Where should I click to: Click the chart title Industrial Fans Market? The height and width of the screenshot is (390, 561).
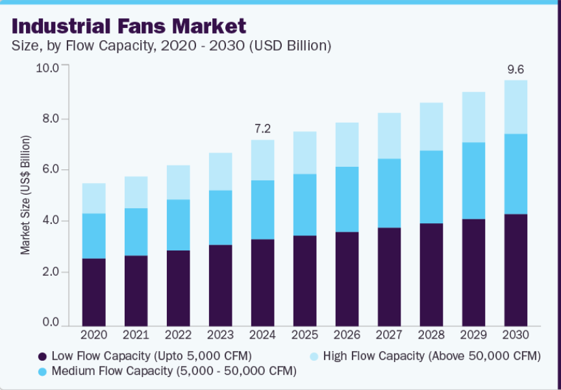(x=129, y=26)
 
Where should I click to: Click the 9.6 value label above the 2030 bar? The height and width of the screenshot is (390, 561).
(x=516, y=69)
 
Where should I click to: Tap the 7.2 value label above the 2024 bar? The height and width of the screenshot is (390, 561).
(x=262, y=128)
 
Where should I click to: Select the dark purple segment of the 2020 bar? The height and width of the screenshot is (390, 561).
(x=93, y=292)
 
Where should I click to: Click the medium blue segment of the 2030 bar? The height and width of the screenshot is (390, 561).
(x=516, y=174)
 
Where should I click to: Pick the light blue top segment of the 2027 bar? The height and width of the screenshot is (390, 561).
(x=389, y=136)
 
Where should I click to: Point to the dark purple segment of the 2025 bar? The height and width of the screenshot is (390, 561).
(x=305, y=280)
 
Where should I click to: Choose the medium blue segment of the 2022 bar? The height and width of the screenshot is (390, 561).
(x=178, y=225)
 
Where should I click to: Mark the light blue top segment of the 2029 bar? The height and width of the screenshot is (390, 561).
(x=473, y=117)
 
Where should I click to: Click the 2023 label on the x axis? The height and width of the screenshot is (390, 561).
(x=220, y=335)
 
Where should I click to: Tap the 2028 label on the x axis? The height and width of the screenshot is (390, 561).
(x=431, y=335)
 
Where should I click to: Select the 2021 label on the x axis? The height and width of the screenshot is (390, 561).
(x=136, y=335)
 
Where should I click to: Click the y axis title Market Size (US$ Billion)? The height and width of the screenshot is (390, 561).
(x=25, y=195)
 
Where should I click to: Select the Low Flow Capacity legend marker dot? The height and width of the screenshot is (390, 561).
(x=43, y=356)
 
